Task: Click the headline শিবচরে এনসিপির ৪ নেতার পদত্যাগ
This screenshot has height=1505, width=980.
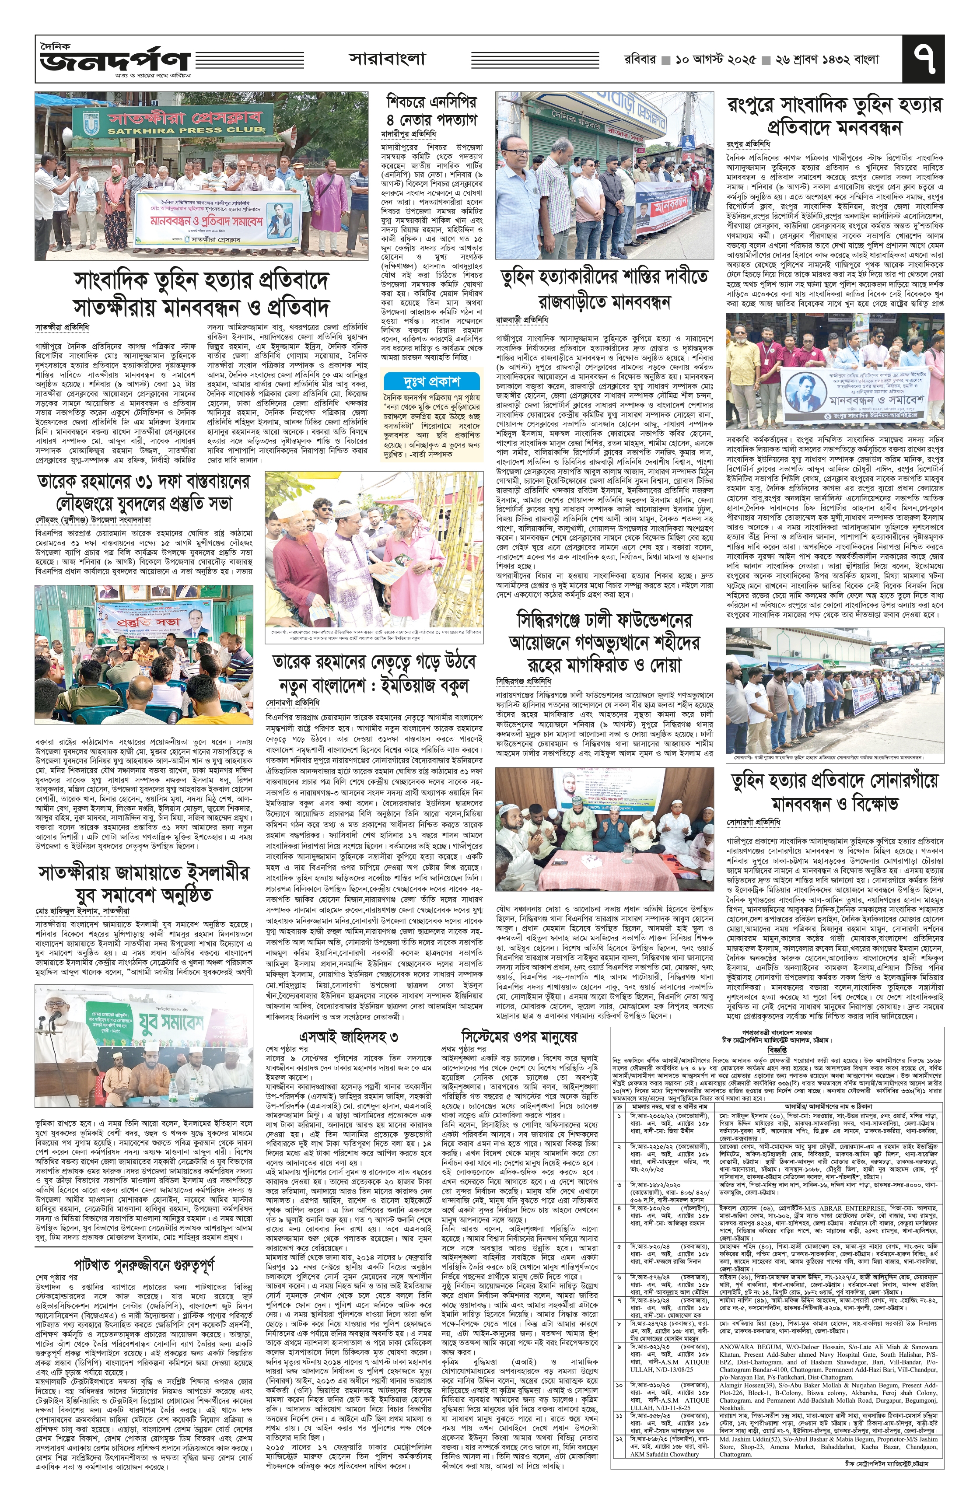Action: tap(431, 111)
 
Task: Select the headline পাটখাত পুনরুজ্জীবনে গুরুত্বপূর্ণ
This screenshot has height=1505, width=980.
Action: tap(143, 1245)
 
